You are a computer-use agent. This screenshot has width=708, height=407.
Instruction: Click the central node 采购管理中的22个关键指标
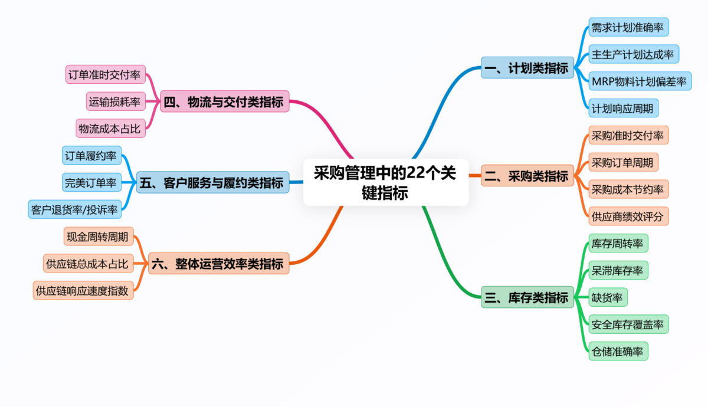click(386, 182)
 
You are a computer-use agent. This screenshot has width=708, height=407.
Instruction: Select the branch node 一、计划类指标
click(527, 68)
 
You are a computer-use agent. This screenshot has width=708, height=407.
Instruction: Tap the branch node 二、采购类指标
click(527, 176)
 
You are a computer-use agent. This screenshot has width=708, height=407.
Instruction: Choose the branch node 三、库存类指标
click(527, 297)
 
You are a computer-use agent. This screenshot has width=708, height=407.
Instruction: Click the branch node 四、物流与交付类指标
click(225, 101)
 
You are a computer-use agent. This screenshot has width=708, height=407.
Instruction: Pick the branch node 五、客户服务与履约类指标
click(212, 182)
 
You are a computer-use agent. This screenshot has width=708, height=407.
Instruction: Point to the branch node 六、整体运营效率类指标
click(218, 263)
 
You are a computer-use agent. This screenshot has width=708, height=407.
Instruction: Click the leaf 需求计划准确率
click(628, 27)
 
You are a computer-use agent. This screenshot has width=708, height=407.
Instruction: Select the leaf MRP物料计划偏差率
click(640, 81)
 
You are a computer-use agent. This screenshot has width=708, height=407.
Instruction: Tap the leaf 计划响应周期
click(623, 109)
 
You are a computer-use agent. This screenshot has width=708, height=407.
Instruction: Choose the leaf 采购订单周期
click(623, 162)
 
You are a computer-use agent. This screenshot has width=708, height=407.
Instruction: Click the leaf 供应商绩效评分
click(628, 216)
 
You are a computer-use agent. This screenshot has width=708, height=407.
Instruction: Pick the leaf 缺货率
click(607, 297)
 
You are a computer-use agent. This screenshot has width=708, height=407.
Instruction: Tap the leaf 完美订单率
click(91, 182)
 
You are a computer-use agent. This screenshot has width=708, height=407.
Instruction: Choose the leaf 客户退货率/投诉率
click(75, 209)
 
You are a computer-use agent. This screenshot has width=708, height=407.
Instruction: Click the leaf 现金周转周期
click(99, 237)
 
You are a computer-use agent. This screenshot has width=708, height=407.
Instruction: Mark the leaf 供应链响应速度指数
click(83, 290)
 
